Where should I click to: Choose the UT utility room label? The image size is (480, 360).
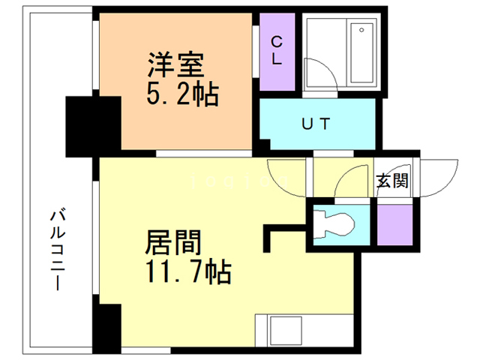(x=316, y=124)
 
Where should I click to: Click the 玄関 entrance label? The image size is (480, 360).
(x=391, y=181)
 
